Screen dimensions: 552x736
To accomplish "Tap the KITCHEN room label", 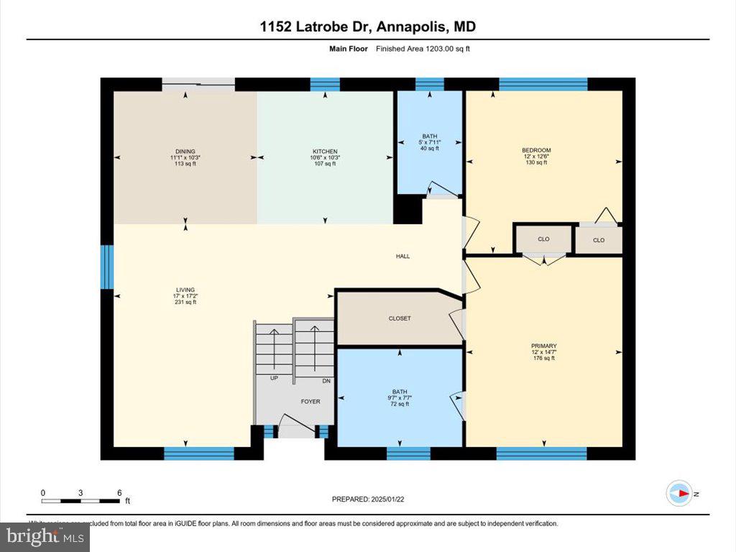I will [324, 151].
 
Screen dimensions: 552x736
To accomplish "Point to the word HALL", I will [402, 257].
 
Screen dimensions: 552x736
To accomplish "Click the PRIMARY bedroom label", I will [544, 346].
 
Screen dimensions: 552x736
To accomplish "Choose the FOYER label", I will [310, 402].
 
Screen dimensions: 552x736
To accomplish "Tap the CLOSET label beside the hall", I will [400, 318].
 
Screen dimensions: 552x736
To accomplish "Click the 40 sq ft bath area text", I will [430, 149].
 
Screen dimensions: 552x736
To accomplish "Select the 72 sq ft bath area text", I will [400, 404].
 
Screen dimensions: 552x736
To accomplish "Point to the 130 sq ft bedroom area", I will [536, 163].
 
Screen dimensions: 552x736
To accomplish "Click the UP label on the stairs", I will [274, 377].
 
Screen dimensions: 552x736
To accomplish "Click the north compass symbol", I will [679, 493].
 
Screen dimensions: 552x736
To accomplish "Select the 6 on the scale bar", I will [119, 492].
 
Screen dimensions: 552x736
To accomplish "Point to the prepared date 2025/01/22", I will [372, 498].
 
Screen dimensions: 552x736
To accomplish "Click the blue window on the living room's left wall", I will [106, 267].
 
